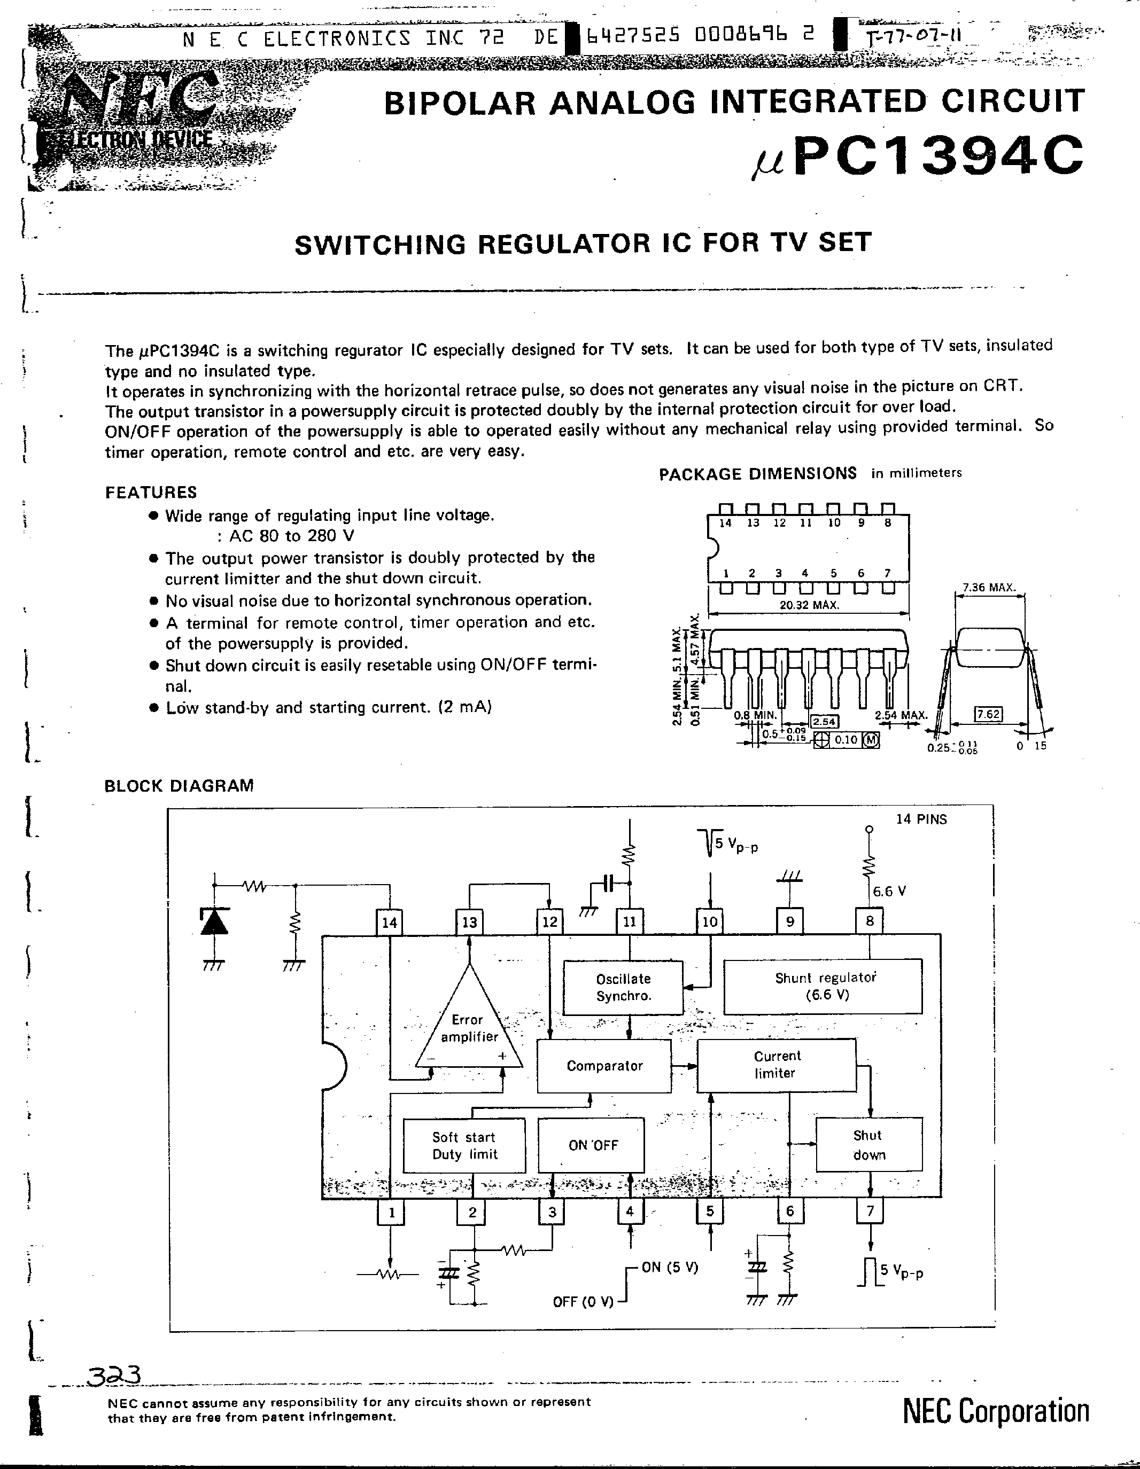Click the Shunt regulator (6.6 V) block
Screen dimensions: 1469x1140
[x=823, y=986]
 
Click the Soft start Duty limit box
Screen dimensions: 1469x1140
[x=464, y=1145]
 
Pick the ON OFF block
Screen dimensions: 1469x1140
[x=591, y=1145]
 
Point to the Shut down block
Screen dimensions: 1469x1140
[x=868, y=1145]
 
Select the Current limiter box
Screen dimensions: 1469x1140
[x=776, y=1065]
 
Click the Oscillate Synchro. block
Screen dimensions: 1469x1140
[x=623, y=987]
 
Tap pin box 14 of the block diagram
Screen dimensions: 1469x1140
[x=390, y=922]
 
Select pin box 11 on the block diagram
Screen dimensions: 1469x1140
[x=629, y=921]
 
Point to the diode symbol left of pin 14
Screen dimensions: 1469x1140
[x=214, y=921]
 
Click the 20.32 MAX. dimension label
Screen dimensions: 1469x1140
[x=809, y=605]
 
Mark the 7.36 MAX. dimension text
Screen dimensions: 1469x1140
[x=988, y=587]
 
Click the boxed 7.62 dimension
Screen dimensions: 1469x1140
[x=988, y=714]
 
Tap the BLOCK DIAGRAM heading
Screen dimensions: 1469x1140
[x=179, y=786]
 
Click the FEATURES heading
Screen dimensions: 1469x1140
[x=151, y=493]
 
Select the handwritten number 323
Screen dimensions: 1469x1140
[x=114, y=1376]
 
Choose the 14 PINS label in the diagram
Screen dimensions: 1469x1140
[x=921, y=819]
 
